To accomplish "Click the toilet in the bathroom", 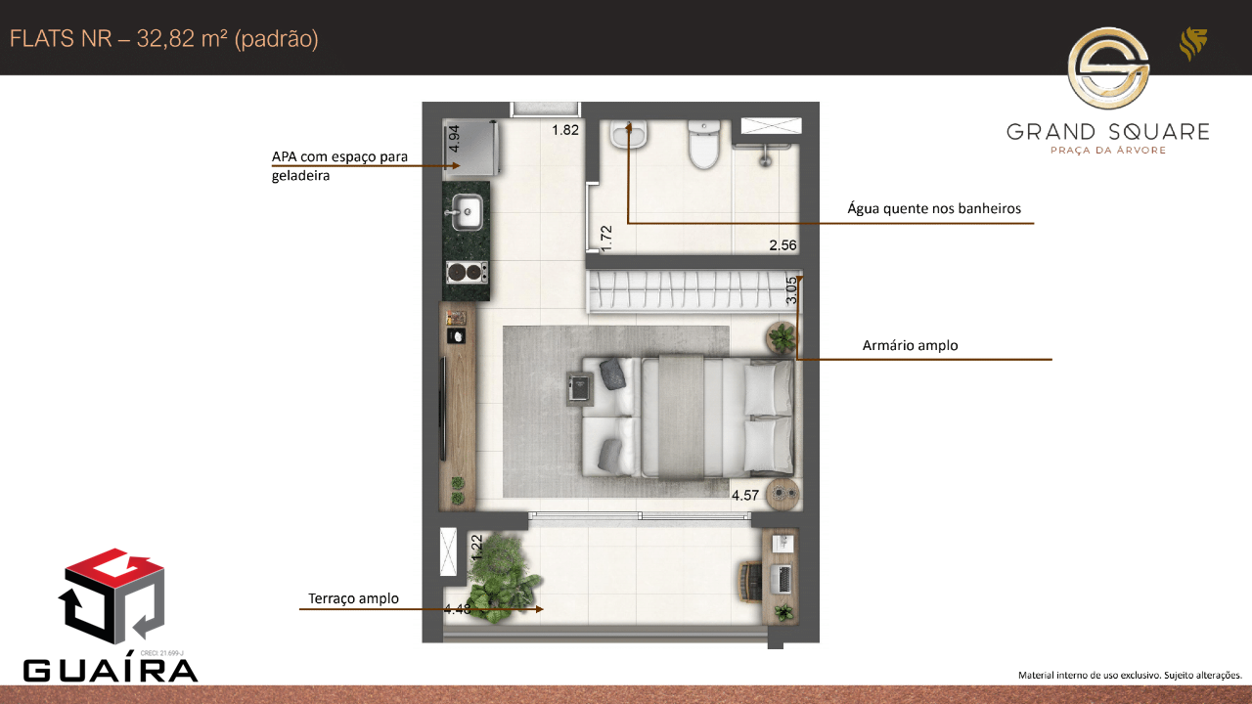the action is pyautogui.click(x=703, y=144).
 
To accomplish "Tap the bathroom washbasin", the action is pyautogui.click(x=629, y=134).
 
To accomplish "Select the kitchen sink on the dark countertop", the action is pyautogui.click(x=467, y=212).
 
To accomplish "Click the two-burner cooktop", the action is pyautogui.click(x=468, y=273).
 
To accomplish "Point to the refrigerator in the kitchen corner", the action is pyautogui.click(x=470, y=148).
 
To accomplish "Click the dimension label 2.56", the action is pyautogui.click(x=782, y=245).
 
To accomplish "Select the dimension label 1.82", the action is pyautogui.click(x=565, y=130).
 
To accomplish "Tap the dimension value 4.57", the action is pyautogui.click(x=745, y=496).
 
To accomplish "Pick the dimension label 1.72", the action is pyautogui.click(x=606, y=239).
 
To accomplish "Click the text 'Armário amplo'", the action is pyautogui.click(x=910, y=345).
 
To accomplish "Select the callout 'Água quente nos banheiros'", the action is pyautogui.click(x=934, y=208).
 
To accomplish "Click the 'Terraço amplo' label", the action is pyautogui.click(x=353, y=598).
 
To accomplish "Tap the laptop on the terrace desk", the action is pyautogui.click(x=781, y=579).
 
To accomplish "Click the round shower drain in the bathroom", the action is pyautogui.click(x=765, y=162).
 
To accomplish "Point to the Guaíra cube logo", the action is pyautogui.click(x=112, y=596).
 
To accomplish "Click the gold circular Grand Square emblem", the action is pyautogui.click(x=1108, y=68).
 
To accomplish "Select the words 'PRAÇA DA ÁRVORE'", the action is pyautogui.click(x=1108, y=150).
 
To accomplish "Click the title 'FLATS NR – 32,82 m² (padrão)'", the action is pyautogui.click(x=163, y=39).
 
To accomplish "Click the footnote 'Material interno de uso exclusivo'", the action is pyautogui.click(x=1090, y=675).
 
